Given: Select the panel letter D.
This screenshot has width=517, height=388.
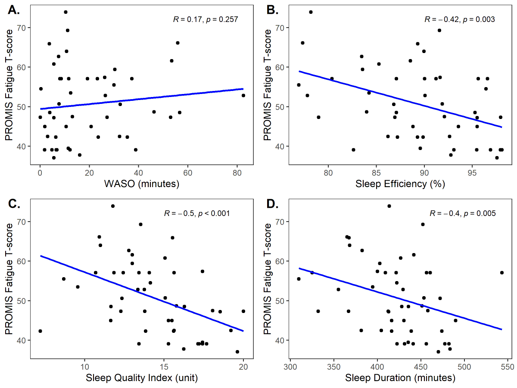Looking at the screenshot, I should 273,204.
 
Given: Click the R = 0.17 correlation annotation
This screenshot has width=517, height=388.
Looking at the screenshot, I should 206,19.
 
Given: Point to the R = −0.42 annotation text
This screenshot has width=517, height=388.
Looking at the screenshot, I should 459,19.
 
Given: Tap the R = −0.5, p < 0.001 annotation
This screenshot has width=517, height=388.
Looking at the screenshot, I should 196,213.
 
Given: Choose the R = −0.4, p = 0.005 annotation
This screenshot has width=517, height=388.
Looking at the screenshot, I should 462,213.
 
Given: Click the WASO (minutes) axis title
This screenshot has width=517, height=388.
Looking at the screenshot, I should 142,185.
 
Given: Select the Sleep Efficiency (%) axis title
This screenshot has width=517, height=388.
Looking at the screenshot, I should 400,185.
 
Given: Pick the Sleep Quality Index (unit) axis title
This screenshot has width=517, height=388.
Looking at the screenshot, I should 142,379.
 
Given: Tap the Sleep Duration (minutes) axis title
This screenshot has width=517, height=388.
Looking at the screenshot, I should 400,379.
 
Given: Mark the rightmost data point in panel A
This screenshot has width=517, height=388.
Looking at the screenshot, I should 243,95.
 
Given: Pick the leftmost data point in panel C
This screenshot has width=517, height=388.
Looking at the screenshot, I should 40,331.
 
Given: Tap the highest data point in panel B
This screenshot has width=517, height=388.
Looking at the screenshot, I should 311,12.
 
